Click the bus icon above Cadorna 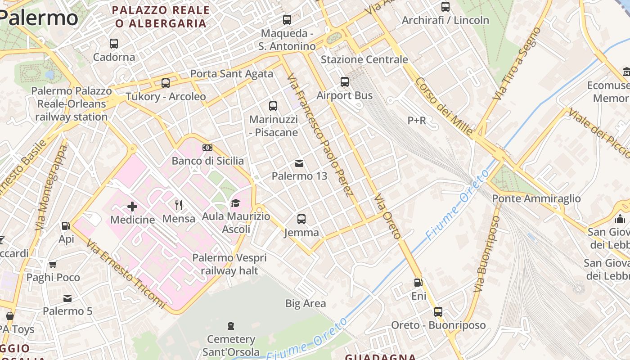click(x=114, y=44)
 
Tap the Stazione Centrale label click(x=364, y=59)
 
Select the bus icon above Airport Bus click(x=345, y=82)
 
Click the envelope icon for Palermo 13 click(x=299, y=163)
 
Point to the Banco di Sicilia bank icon click(x=207, y=148)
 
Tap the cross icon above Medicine click(x=132, y=207)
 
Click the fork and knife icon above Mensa click(x=179, y=206)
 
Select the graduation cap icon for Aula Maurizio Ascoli click(x=235, y=203)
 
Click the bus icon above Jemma click(x=301, y=219)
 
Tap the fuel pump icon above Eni click(x=418, y=283)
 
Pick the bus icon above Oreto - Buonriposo click(x=438, y=311)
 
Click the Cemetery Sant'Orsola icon click(x=231, y=325)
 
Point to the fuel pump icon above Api click(x=66, y=226)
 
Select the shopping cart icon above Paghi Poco click(x=53, y=264)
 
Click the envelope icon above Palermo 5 click(x=67, y=298)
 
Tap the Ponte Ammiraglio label click(x=536, y=198)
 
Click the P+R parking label click(x=417, y=121)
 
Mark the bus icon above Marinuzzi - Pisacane click(x=273, y=106)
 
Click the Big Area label click(x=306, y=303)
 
